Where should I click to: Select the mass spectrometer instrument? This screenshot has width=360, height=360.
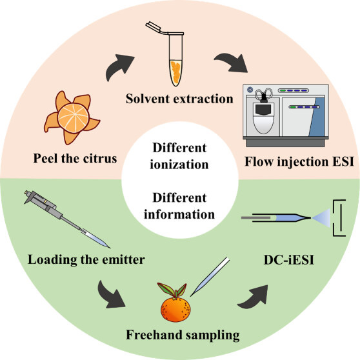click(286, 115)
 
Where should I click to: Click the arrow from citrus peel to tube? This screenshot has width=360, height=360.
click(118, 66)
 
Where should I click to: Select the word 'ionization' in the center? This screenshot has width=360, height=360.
click(179, 165)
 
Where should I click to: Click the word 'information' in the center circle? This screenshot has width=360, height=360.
click(179, 214)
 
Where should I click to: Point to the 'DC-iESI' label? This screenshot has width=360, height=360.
click(289, 260)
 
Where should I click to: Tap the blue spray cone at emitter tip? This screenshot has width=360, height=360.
click(321, 217)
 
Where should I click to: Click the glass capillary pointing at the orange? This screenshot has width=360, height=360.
click(210, 277)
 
